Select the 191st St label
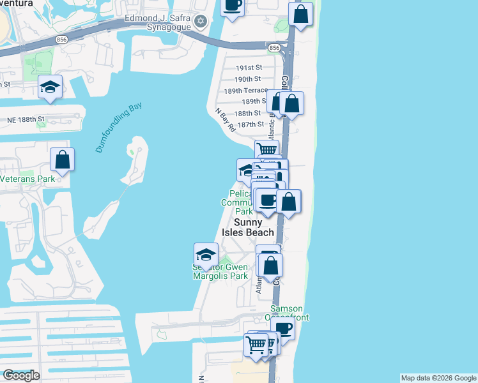coord(249,68)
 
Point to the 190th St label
coord(248,79)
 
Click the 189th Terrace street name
coord(245,91)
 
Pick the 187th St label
coord(250,124)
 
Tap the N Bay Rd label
coord(226,120)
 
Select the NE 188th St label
coord(26,119)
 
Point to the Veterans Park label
coord(27,179)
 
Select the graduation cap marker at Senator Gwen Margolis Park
coord(205,254)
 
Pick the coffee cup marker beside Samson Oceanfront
coord(283,328)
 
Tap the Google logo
coord(20,375)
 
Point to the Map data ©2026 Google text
coord(438,378)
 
